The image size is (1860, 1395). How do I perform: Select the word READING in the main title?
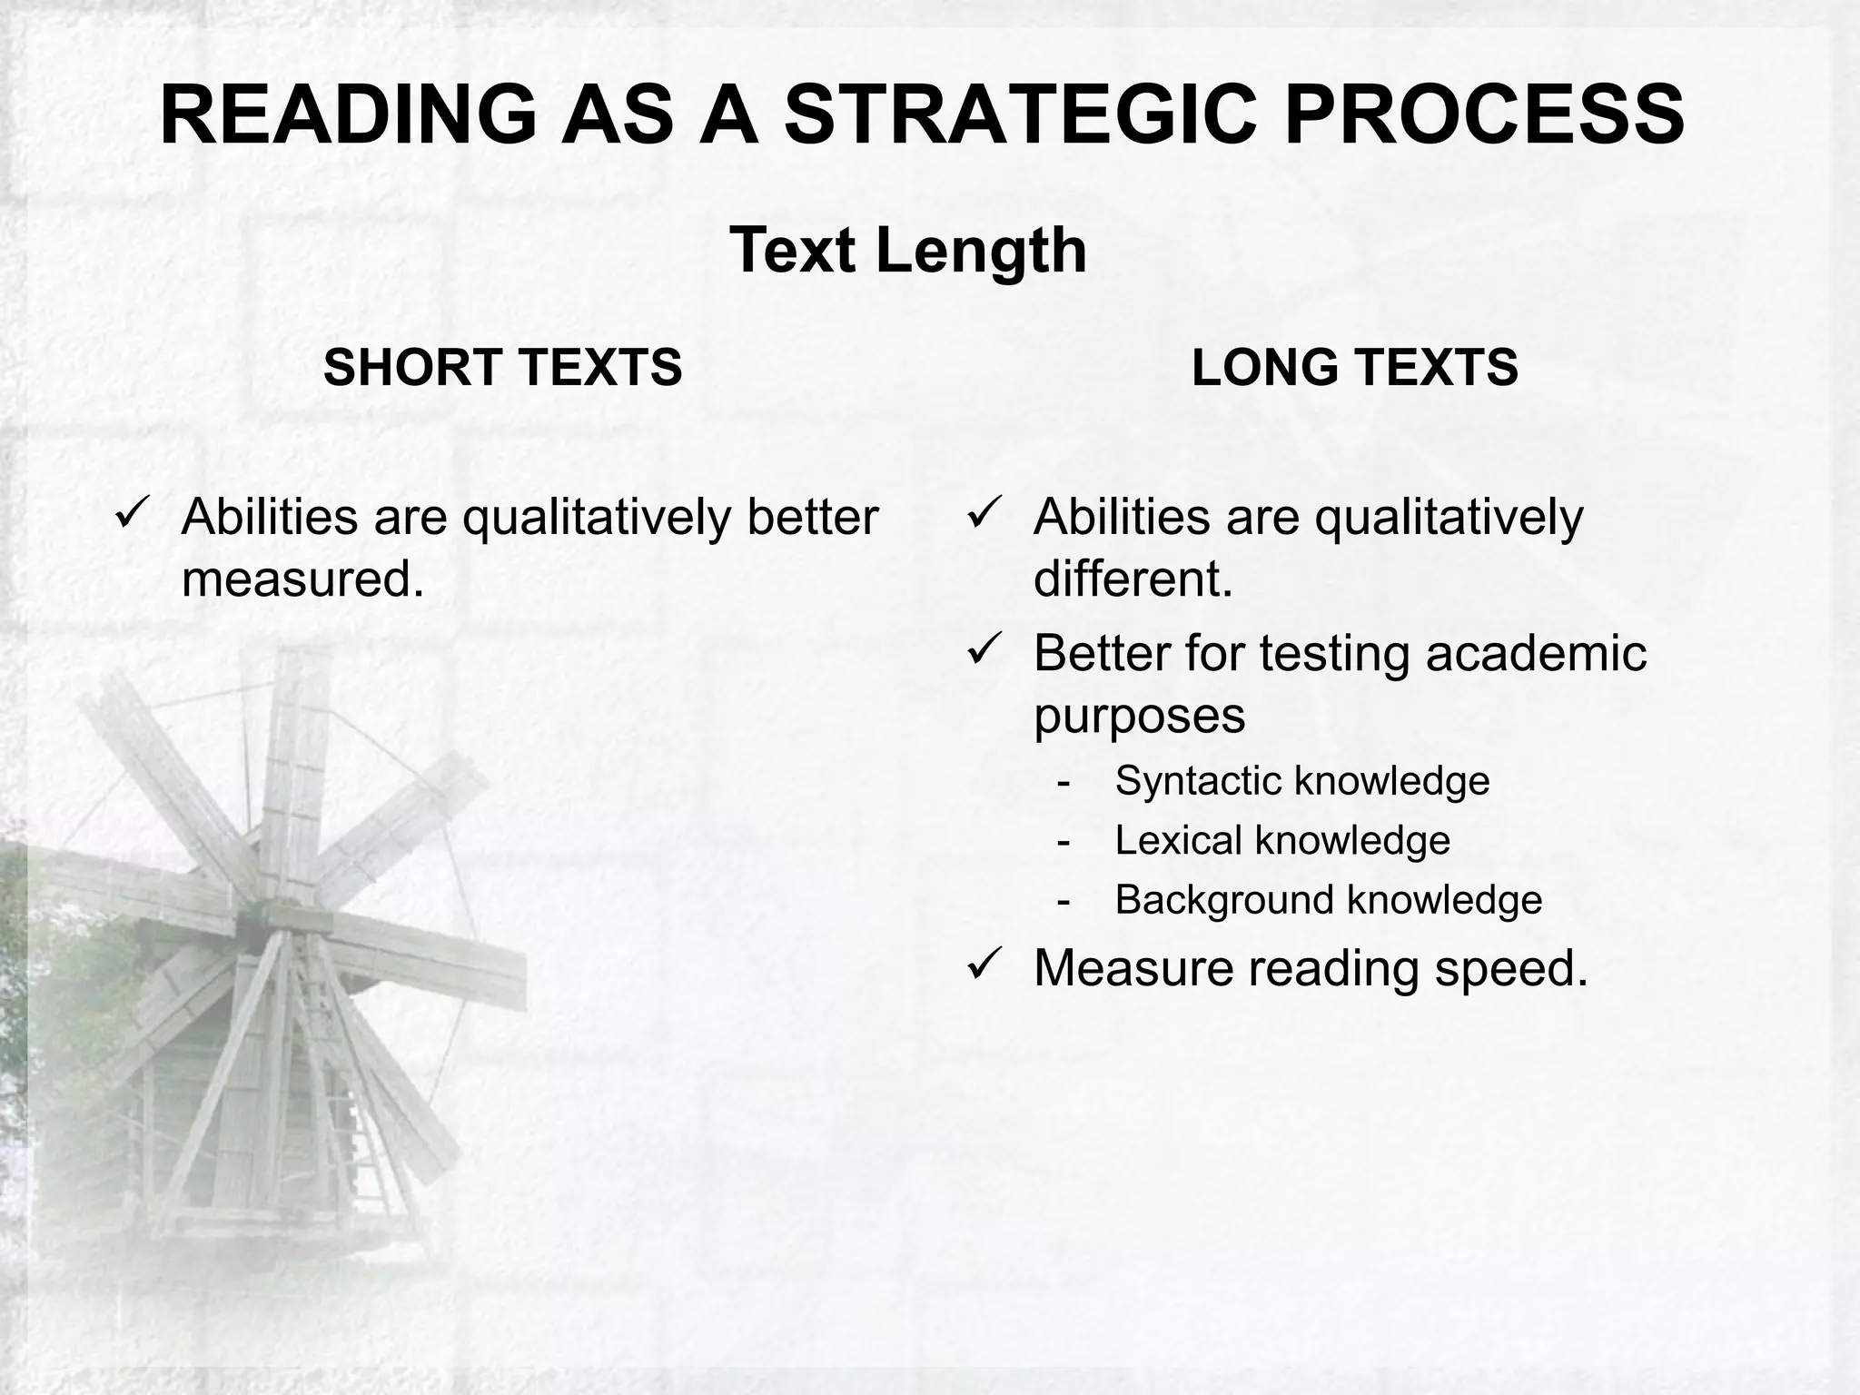click(348, 115)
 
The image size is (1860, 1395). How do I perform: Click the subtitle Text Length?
click(908, 250)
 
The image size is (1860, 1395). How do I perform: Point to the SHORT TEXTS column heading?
click(502, 368)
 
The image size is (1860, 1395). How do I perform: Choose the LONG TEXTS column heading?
click(1354, 368)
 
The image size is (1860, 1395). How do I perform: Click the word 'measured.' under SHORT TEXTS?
click(303, 579)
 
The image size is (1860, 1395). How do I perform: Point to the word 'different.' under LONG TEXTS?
click(1133, 579)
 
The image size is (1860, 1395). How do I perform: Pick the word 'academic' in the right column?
click(1536, 653)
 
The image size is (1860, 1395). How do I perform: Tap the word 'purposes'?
click(1139, 716)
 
